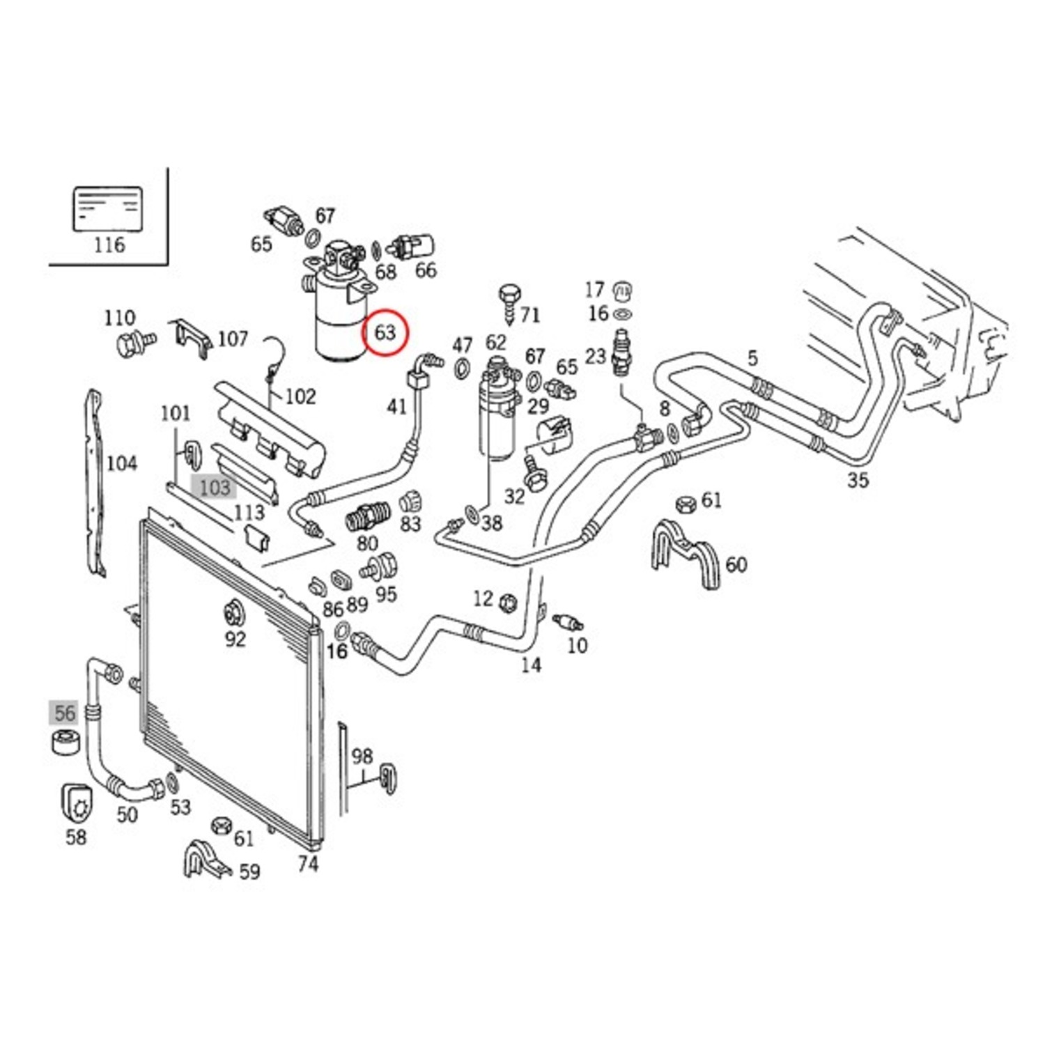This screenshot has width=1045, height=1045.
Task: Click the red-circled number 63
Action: [x=385, y=332]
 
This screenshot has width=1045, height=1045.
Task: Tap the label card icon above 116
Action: [x=108, y=208]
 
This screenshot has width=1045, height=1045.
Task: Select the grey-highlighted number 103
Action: [x=214, y=487]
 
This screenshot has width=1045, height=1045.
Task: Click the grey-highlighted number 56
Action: [x=64, y=713]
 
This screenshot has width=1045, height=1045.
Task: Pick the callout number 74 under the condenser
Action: [x=308, y=864]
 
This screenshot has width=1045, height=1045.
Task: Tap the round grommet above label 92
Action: [x=234, y=613]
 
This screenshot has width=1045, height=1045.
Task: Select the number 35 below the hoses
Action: [x=858, y=479]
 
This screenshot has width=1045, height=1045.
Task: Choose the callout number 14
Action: [x=531, y=665]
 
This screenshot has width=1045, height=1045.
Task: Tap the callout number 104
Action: [x=121, y=463]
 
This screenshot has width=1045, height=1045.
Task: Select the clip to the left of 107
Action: [x=189, y=339]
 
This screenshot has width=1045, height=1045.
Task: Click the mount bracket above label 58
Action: [x=77, y=803]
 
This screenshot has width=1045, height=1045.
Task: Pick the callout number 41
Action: [x=396, y=405]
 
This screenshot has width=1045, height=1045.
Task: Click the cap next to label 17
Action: [x=621, y=289]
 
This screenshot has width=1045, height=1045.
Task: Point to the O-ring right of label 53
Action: [x=171, y=782]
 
